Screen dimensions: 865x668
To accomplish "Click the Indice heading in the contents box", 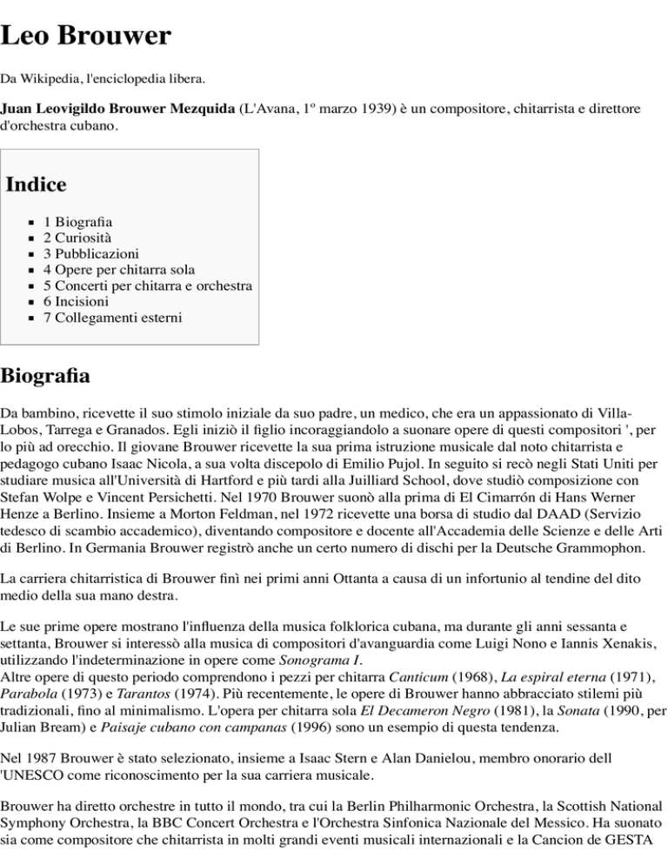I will [36, 184].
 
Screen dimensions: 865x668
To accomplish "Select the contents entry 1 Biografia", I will [77, 222].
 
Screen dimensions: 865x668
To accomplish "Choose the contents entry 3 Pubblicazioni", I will [90, 254].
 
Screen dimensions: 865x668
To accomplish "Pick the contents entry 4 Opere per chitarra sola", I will [118, 270].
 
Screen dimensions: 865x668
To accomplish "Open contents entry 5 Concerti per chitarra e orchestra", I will [147, 285].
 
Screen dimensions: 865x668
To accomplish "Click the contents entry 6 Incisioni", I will [76, 301].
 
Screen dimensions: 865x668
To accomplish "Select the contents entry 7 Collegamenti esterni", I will [112, 318].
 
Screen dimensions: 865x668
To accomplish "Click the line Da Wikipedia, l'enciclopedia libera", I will [104, 80].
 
